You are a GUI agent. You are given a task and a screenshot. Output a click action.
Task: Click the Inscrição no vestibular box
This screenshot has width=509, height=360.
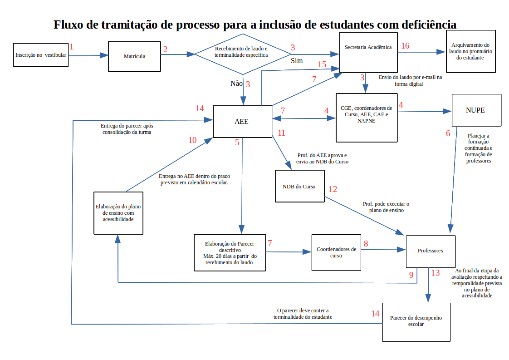41,55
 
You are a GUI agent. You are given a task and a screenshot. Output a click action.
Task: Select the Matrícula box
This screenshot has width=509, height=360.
134,56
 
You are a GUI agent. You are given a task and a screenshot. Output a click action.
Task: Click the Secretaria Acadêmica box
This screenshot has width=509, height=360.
368,52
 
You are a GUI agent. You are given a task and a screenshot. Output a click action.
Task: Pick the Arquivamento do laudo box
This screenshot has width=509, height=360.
470,51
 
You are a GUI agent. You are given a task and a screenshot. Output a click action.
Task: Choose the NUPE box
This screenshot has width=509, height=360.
476,110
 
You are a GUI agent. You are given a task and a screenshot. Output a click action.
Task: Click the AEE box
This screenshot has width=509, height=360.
241,121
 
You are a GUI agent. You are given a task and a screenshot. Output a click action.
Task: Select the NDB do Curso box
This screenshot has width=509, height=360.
299,186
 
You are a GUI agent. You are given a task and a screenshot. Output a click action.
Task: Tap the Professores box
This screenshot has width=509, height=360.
430,251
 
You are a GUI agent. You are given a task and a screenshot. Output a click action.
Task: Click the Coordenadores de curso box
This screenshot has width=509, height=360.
336,252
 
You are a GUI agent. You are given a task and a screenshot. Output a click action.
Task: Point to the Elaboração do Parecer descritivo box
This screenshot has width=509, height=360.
229,253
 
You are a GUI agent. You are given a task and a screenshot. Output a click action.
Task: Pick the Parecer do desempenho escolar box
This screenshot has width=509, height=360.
416,321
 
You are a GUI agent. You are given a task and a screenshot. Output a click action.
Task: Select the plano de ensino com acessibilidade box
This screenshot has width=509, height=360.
118,212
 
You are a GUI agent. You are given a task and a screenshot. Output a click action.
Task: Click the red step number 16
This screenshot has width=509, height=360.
405,46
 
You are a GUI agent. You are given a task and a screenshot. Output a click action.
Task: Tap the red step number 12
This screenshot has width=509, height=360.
333,189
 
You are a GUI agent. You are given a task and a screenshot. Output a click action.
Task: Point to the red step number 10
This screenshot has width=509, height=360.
193,140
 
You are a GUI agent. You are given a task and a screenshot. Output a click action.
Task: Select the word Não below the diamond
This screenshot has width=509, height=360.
236,83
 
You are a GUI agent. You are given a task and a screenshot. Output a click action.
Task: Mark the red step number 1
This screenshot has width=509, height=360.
71,46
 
